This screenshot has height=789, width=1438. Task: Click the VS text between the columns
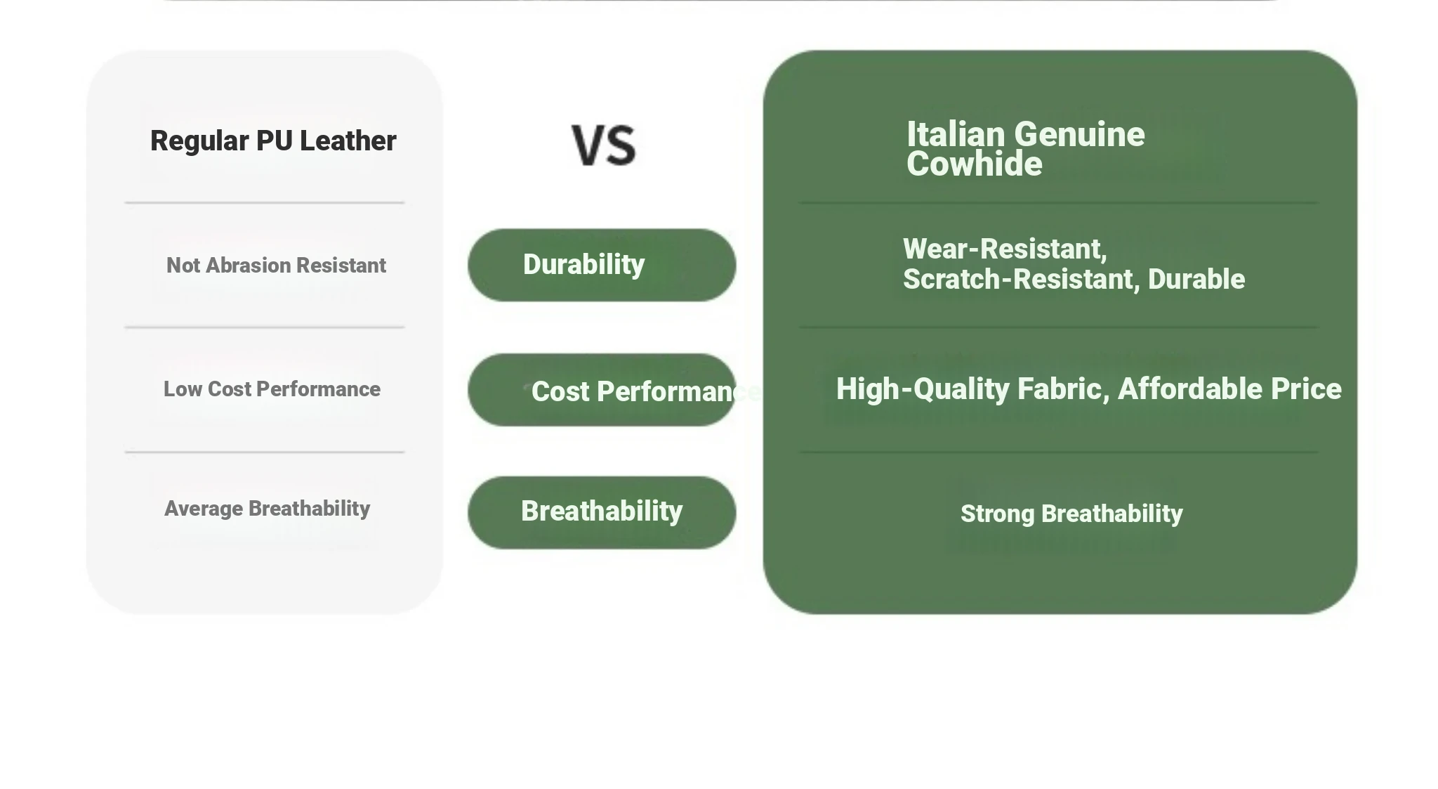pos(604,145)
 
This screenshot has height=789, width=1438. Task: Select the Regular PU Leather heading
pos(273,141)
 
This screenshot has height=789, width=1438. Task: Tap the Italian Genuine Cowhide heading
pos(1025,149)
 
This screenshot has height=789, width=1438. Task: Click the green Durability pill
pos(602,265)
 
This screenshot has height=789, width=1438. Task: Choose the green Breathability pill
pos(602,512)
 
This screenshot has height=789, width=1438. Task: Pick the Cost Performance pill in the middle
pos(602,390)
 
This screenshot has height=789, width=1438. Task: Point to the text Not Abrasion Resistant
pos(276,266)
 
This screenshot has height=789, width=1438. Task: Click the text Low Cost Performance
pos(272,389)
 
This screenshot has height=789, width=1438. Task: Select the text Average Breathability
pos(267,509)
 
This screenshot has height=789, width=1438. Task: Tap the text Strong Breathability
pos(1071,514)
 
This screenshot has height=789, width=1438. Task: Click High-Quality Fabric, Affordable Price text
pos(1088,389)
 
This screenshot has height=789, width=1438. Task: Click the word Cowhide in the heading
pos(975,164)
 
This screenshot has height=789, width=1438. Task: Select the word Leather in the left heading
pos(348,141)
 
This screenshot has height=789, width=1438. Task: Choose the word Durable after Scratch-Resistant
pos(1196,279)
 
